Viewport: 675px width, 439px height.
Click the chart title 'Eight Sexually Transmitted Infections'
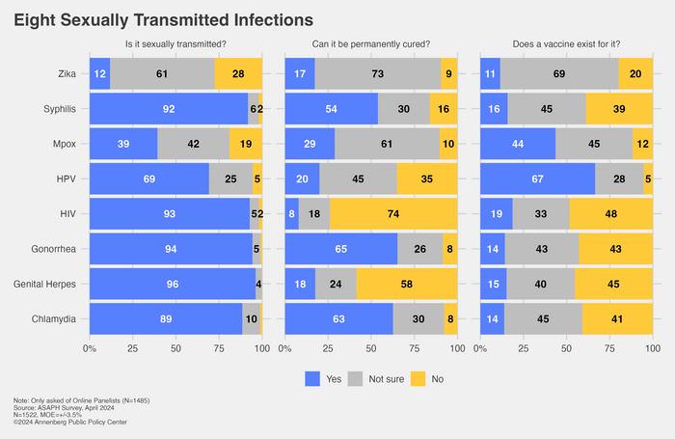click(x=163, y=19)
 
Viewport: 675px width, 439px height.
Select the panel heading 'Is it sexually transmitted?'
click(x=175, y=44)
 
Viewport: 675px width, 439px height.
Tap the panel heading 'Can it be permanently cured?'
click(x=371, y=44)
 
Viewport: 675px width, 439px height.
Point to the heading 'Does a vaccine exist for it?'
click(x=566, y=44)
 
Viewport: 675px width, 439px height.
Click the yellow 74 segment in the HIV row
click(x=393, y=213)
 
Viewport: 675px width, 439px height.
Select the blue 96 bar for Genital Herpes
click(x=172, y=284)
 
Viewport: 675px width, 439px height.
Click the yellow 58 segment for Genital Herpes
click(x=407, y=284)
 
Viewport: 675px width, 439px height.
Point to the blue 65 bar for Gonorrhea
click(x=341, y=248)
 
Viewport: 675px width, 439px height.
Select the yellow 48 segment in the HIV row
click(x=611, y=213)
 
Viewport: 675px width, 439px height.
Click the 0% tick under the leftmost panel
click(x=90, y=347)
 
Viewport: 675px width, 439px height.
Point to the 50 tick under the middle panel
click(x=371, y=347)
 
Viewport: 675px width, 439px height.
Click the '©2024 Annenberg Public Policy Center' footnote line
click(x=70, y=422)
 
